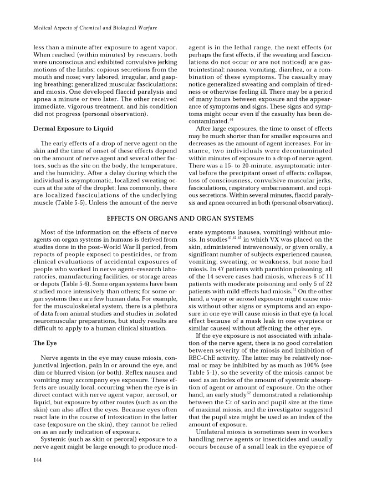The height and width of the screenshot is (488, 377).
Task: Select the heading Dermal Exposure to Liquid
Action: click(73, 129)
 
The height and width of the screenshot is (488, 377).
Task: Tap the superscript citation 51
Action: click(288, 291)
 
